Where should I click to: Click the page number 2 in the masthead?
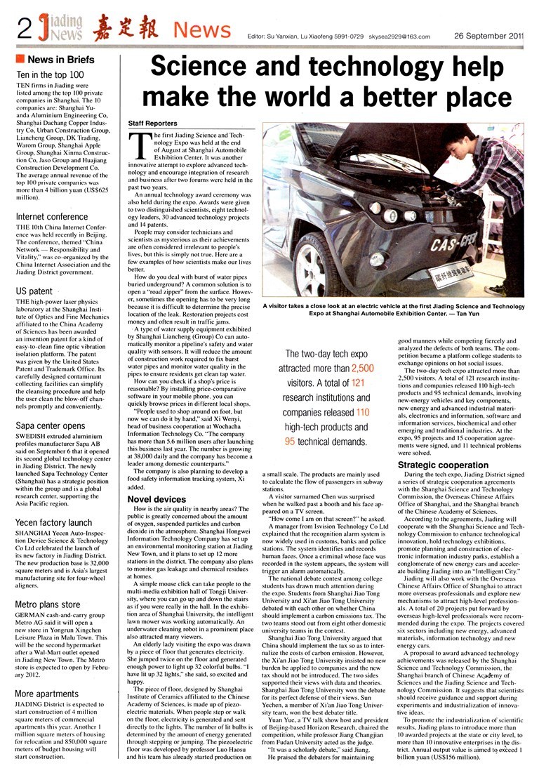25,29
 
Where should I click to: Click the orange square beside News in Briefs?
20,58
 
